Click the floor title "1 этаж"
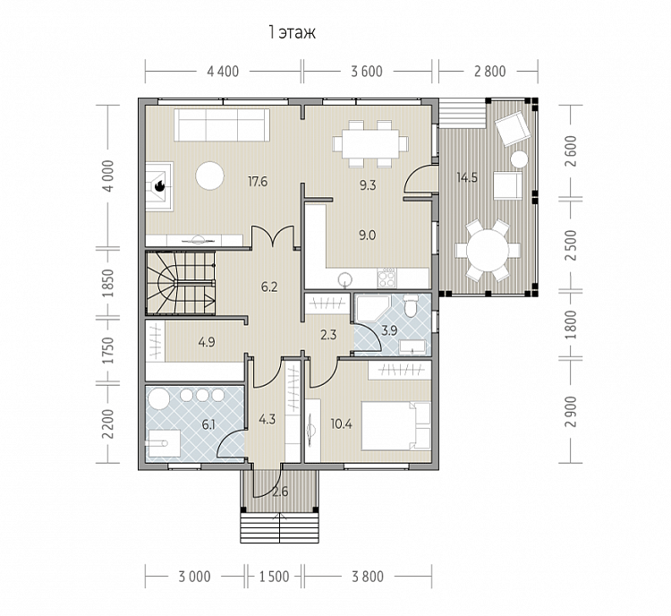(292, 32)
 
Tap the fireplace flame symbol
(159, 186)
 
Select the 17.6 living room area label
(258, 182)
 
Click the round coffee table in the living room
(209, 175)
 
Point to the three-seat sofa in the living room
(222, 124)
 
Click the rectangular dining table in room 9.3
(370, 143)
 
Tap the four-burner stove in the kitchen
(386, 278)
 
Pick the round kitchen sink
(344, 279)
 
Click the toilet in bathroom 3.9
(411, 305)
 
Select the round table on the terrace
(488, 250)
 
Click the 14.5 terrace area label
(467, 177)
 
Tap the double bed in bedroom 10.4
(395, 425)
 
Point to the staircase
(180, 283)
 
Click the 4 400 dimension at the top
(223, 72)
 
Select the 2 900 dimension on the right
(571, 412)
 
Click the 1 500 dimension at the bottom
(275, 577)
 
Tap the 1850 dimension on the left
(108, 283)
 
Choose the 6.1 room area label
(208, 425)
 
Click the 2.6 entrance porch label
(280, 492)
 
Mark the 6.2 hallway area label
(269, 287)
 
